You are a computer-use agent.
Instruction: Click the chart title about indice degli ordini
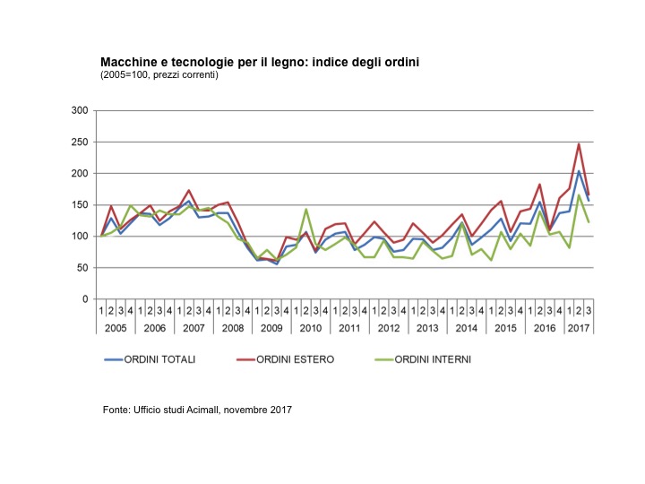click(x=260, y=62)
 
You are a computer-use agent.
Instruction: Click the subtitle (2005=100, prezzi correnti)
click(x=159, y=74)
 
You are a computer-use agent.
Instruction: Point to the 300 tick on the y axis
click(x=81, y=110)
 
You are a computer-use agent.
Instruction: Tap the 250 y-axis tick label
click(x=81, y=142)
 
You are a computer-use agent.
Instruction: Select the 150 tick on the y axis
click(x=81, y=205)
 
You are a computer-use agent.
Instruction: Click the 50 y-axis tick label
click(x=83, y=268)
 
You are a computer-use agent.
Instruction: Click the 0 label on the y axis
click(x=86, y=299)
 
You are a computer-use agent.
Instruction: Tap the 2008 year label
click(x=233, y=328)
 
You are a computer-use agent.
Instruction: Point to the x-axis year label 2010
click(x=311, y=328)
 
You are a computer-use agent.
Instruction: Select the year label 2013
click(x=428, y=328)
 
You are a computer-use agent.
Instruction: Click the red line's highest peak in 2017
click(x=579, y=144)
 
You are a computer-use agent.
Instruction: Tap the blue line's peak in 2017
click(x=579, y=171)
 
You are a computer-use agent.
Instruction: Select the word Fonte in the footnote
click(x=117, y=411)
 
